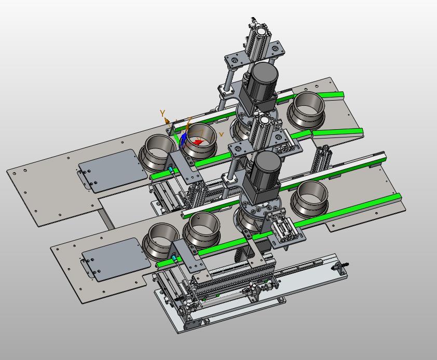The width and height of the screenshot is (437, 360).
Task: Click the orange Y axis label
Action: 162,113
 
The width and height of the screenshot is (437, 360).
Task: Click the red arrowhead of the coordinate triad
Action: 198,142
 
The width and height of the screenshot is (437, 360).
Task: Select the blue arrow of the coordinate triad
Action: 183,140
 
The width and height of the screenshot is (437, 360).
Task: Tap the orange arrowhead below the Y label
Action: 167,121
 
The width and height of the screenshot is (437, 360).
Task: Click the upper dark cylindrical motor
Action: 262,79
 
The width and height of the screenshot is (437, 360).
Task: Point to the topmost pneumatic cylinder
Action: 258,42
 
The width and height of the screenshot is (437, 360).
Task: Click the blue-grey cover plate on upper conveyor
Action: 113,171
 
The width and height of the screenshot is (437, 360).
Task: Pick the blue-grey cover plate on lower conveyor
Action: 116,259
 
